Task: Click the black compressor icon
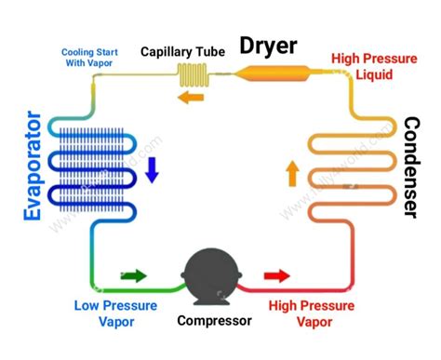215,276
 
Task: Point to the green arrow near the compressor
134,275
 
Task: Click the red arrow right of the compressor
277,275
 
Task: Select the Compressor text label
214,321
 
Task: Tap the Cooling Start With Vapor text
90,58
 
